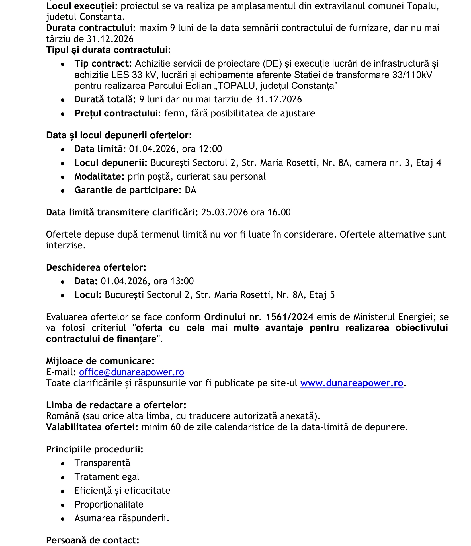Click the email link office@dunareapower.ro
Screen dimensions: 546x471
(131, 372)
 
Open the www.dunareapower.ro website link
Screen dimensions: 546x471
(351, 383)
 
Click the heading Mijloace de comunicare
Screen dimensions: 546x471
(100, 361)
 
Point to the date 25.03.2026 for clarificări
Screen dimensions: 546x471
(224, 212)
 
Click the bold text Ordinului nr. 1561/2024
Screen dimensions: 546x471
(259, 317)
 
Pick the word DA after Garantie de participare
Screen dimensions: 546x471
(191, 190)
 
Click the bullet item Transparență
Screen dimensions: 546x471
(102, 463)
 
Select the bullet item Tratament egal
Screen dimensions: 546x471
(107, 477)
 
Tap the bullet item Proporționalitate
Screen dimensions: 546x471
(109, 504)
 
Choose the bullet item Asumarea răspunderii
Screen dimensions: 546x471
(122, 518)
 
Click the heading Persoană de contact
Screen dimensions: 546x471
(93, 540)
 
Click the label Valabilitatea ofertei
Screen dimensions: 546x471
(92, 427)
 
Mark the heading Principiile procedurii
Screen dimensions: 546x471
(95, 449)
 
